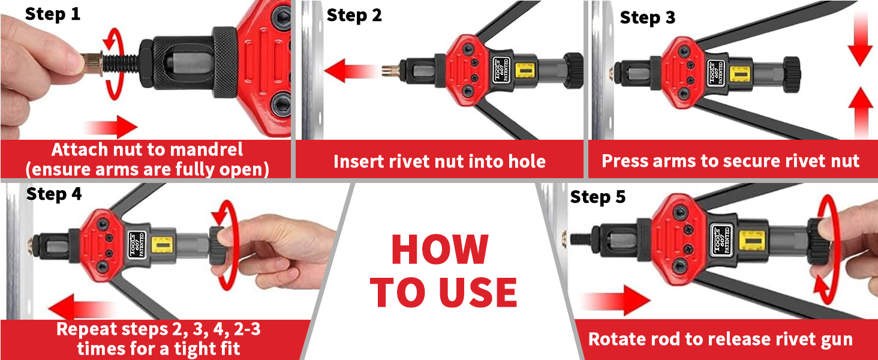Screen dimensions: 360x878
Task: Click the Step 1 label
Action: pos(52,14)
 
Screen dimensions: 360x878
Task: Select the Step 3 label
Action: pos(647,17)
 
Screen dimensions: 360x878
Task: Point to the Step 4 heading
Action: pos(54,194)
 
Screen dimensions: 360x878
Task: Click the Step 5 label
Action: pos(597,197)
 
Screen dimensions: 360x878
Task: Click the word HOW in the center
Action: pos(440,250)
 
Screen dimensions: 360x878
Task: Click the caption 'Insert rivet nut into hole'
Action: pos(439,161)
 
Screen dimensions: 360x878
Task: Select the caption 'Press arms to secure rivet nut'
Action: pos(730,161)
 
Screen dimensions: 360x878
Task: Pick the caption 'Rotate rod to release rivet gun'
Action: pos(720,339)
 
